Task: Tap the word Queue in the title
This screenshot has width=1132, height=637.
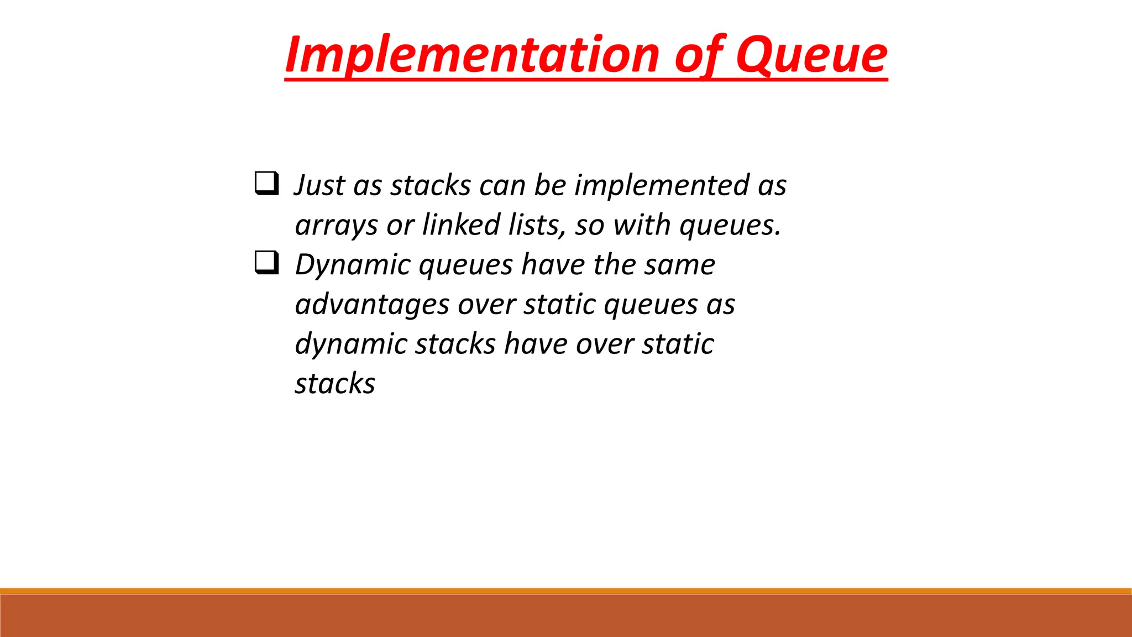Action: click(x=811, y=55)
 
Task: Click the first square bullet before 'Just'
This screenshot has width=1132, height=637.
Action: click(x=266, y=183)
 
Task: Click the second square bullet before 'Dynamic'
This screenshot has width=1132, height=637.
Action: click(x=266, y=263)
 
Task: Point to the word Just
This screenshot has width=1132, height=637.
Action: click(x=319, y=185)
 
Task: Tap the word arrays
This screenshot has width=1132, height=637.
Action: click(x=336, y=226)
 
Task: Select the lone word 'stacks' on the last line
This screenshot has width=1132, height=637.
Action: click(x=335, y=384)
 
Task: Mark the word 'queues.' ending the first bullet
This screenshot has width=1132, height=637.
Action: click(x=730, y=226)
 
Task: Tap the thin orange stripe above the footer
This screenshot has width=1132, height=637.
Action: click(x=566, y=591)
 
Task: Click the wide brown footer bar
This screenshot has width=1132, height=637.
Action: click(x=566, y=616)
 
